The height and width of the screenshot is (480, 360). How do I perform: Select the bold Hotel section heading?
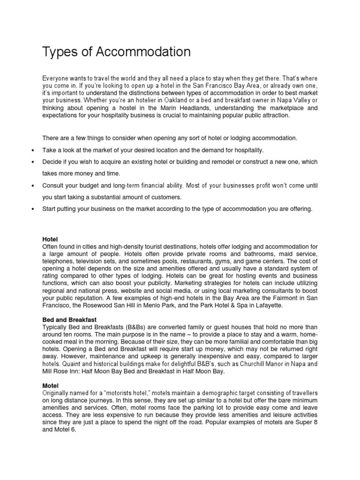coord(50,239)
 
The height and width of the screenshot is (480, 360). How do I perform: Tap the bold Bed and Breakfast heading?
coord(69,320)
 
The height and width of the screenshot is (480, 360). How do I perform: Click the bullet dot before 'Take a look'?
coord(32,150)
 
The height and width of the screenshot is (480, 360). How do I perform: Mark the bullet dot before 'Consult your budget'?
coord(32,186)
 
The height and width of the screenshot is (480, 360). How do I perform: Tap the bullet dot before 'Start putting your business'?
coord(32,209)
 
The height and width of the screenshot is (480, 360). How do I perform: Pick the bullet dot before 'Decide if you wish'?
coord(32,162)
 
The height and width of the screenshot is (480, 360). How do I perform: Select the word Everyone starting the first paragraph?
coord(56,78)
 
